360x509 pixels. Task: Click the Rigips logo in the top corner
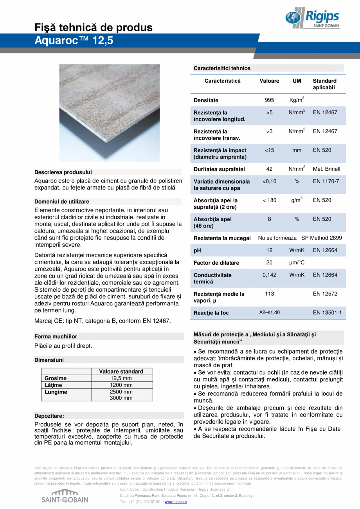(x=312, y=18)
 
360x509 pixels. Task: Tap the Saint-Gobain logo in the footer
(x=65, y=496)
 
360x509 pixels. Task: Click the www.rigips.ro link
(x=176, y=502)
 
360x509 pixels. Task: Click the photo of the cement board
(x=110, y=113)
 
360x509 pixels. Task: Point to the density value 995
(x=269, y=100)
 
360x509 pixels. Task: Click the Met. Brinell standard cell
(x=326, y=169)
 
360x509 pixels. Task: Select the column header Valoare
(x=269, y=81)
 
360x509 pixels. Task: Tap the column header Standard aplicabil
(x=324, y=84)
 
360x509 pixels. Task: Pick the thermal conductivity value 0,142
(x=269, y=275)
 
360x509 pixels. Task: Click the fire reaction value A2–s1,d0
(x=269, y=313)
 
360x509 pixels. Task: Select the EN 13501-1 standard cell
(x=327, y=313)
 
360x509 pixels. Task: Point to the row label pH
(x=197, y=251)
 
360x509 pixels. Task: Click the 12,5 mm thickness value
(x=121, y=378)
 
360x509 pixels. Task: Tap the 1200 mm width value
(x=121, y=385)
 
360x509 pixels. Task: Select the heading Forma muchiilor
(x=56, y=336)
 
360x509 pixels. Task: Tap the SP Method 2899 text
(x=322, y=238)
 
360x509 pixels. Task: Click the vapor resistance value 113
(x=269, y=294)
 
